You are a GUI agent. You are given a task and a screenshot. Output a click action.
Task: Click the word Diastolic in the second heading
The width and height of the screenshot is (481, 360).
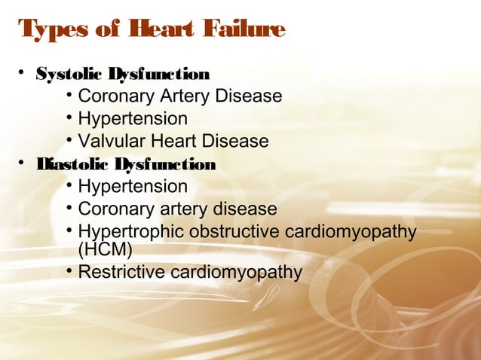coord(72,164)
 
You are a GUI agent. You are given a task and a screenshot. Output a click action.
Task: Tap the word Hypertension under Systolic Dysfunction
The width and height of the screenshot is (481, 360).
coord(133,119)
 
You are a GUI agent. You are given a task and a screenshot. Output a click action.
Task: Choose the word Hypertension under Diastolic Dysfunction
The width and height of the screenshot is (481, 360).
coord(133,186)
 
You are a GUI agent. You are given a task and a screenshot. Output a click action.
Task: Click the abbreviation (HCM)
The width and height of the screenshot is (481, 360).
coord(105,249)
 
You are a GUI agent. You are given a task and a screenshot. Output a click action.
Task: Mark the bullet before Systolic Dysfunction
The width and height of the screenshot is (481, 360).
coord(23,73)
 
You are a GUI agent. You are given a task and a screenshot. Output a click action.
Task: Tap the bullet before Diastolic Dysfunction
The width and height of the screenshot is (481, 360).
coord(23,163)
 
